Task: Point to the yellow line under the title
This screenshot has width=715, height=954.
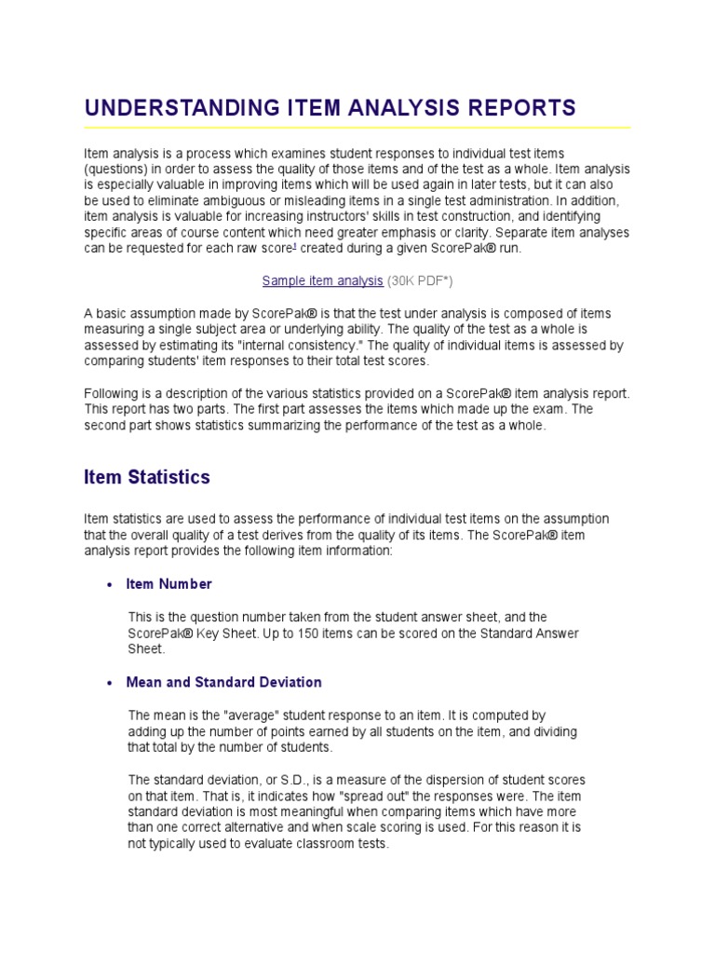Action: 357,128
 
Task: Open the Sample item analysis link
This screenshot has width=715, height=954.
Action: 322,280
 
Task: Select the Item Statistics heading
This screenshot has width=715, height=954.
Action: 147,477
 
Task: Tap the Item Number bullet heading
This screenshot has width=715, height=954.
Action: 169,584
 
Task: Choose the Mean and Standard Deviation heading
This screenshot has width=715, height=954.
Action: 223,682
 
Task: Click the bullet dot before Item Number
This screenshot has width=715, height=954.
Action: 110,585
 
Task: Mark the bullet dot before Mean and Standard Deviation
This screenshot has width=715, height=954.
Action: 110,683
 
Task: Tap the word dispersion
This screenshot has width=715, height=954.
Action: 438,780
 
